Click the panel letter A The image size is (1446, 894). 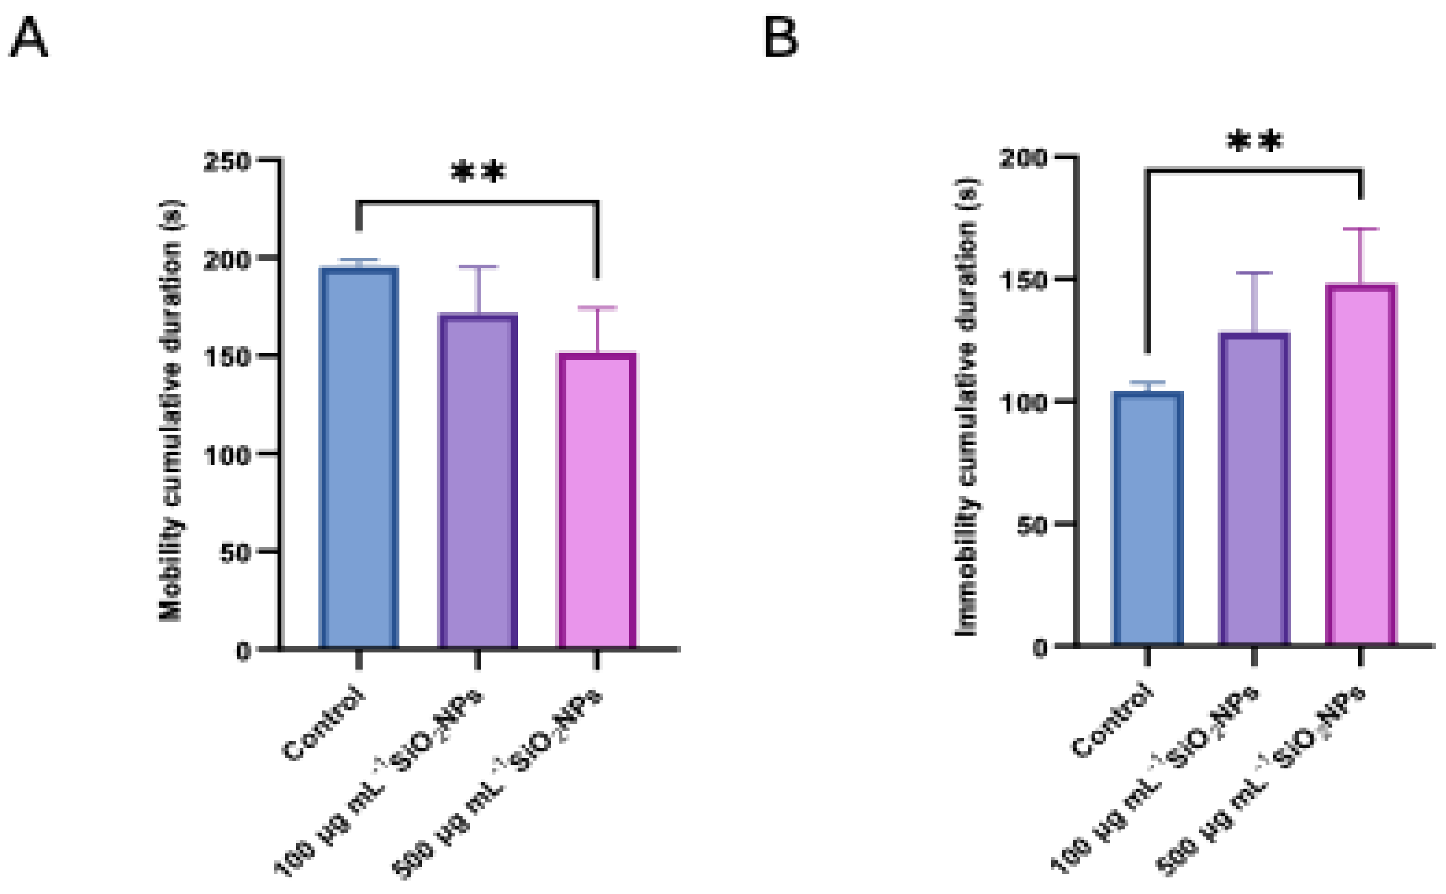tap(28, 38)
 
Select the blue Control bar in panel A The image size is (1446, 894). tap(359, 458)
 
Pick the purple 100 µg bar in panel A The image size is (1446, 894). tap(478, 482)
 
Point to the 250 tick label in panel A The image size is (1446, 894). tap(227, 161)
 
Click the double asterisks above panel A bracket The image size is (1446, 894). tap(478, 173)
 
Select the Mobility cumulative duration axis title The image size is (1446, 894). tap(171, 411)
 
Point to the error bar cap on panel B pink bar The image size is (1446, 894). tap(1361, 229)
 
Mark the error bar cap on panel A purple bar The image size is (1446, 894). tap(478, 266)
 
